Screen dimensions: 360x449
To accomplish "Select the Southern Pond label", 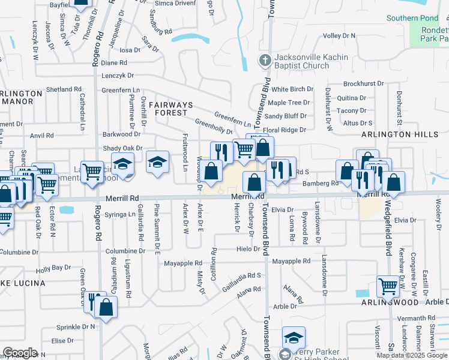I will click(412, 19).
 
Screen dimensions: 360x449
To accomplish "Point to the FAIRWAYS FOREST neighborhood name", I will click(171, 110).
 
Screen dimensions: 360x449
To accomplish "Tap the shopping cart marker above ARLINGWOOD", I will click(387, 286).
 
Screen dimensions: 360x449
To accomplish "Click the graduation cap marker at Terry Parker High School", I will click(294, 337).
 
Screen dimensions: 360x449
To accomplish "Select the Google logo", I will click(20, 353).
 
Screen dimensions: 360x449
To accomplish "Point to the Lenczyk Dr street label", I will click(118, 76).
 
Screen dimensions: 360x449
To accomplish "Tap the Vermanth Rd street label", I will click(415, 318).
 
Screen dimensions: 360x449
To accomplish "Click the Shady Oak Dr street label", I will click(122, 148).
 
